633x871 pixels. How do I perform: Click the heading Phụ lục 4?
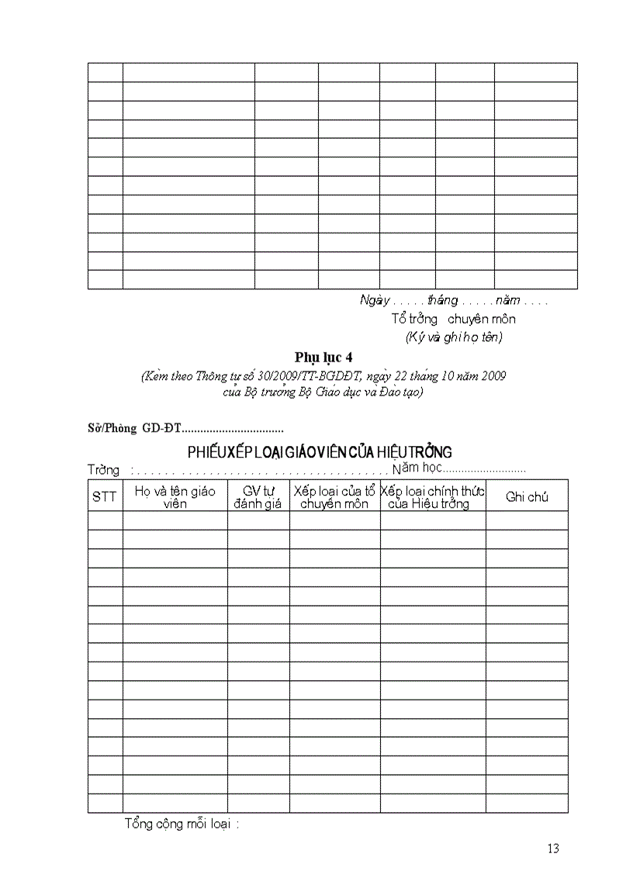[323, 357]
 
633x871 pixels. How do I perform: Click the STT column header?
[104, 497]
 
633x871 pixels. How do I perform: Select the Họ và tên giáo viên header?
[175, 497]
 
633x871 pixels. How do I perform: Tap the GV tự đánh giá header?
[258, 497]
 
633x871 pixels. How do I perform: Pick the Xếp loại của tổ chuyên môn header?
[334, 497]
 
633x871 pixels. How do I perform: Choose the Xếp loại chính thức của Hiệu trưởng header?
[433, 497]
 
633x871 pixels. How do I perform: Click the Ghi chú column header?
[527, 497]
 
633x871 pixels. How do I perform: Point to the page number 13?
[552, 848]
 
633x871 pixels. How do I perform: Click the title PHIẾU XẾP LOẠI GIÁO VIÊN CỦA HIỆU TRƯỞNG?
[320, 452]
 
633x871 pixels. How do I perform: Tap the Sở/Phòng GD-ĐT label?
[134, 428]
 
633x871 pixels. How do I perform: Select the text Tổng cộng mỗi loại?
[182, 824]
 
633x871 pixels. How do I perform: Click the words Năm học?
[418, 468]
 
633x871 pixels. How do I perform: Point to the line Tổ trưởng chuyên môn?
[453, 319]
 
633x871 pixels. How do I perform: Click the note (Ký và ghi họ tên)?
[454, 337]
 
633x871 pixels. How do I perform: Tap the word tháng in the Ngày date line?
[442, 300]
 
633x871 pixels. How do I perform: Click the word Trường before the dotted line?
[103, 470]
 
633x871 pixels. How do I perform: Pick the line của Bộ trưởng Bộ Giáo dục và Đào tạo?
[323, 392]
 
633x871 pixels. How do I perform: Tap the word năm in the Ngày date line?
[507, 300]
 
